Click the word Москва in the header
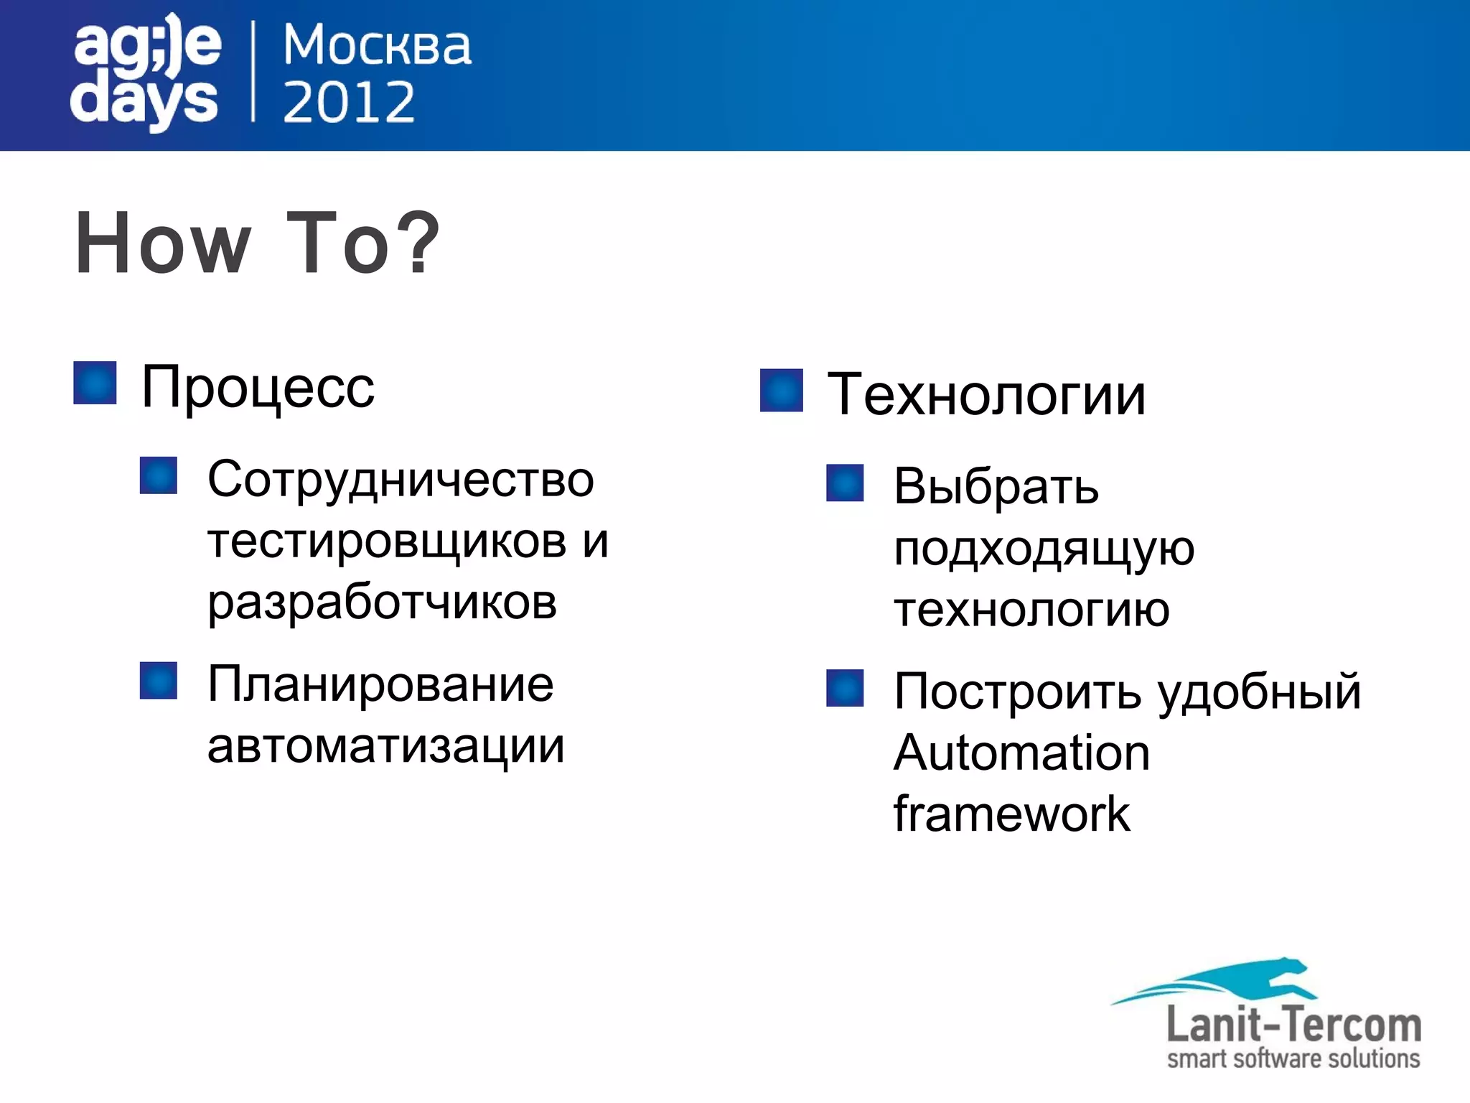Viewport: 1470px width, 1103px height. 377,46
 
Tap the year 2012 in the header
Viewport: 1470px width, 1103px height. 349,102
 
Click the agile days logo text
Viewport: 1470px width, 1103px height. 146,72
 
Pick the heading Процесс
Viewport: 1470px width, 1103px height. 258,388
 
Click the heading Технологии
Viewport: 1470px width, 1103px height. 986,395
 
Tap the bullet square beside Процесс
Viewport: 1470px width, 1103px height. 95,383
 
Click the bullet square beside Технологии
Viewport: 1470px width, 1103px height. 781,390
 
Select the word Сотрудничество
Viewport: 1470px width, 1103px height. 401,479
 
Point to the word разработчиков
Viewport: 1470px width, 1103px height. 382,602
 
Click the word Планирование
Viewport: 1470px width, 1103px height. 380,684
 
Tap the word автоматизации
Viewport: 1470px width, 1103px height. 386,746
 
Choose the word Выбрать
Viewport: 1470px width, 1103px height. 996,486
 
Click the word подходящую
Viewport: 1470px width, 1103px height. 1044,549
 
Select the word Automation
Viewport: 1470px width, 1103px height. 1021,753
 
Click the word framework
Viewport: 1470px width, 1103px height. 1011,814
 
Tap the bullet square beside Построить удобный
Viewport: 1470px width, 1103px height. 845,688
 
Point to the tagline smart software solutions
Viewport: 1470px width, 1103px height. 1293,1058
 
